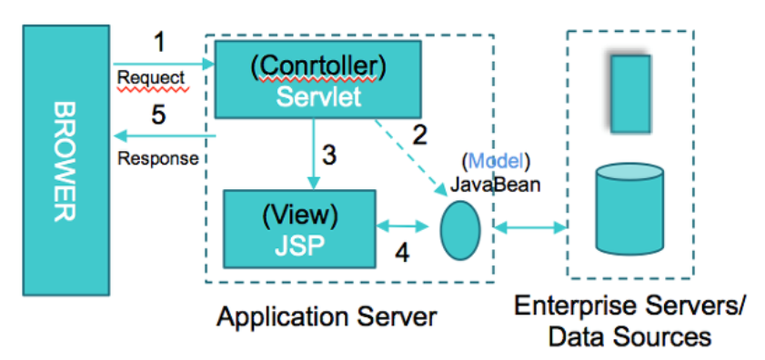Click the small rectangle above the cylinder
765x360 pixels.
(x=630, y=94)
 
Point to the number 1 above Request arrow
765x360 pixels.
(x=160, y=43)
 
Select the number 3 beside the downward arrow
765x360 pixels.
(x=330, y=155)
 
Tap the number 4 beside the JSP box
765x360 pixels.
(x=400, y=252)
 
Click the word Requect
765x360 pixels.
(x=151, y=77)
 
